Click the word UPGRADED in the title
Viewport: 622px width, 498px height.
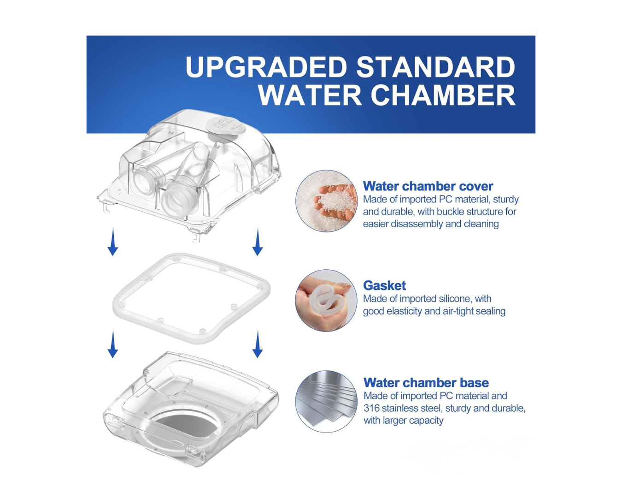coord(266,67)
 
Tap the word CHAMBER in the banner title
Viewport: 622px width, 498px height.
coord(443,95)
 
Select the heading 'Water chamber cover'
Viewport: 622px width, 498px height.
coord(428,186)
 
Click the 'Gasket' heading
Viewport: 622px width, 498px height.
coord(384,285)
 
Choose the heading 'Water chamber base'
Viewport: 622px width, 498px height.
coord(426,383)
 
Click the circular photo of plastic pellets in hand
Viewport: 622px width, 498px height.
coord(326,201)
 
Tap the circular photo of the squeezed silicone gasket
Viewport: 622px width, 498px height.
coord(326,301)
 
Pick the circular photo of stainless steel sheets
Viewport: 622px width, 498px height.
coord(326,401)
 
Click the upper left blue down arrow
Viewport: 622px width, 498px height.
coord(113,242)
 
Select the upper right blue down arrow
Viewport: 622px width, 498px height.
coord(258,242)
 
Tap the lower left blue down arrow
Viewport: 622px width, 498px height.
coord(113,344)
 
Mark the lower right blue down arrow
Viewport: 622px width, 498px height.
coord(258,344)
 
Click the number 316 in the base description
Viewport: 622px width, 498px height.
coord(371,408)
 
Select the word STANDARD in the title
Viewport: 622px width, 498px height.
coord(435,67)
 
